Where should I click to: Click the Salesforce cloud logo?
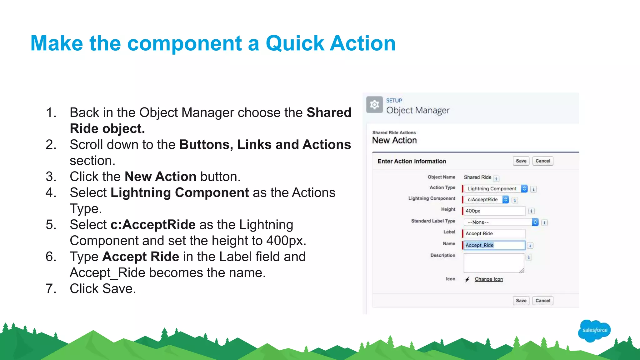(x=594, y=330)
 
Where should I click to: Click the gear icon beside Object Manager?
(x=374, y=105)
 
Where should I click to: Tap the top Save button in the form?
(x=521, y=161)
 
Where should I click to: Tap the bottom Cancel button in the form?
(x=542, y=301)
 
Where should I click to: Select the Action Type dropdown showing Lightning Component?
(x=496, y=189)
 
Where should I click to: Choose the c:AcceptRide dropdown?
(x=486, y=200)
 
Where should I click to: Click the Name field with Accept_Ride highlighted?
(x=494, y=245)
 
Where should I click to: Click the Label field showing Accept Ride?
(x=494, y=233)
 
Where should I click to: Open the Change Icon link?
(x=488, y=279)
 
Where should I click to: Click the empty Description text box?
(x=493, y=263)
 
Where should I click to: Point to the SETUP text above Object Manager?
(x=394, y=101)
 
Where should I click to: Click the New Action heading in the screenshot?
(x=394, y=140)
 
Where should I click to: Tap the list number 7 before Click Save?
(x=51, y=288)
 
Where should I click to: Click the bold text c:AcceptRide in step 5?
(x=153, y=225)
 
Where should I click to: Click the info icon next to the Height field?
(x=531, y=211)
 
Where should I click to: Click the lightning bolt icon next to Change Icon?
(x=467, y=279)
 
